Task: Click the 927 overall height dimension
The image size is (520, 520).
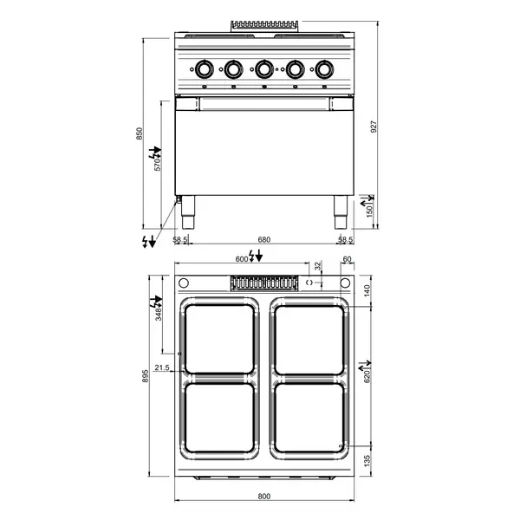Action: click(374, 127)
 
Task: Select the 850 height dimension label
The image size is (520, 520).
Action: click(140, 133)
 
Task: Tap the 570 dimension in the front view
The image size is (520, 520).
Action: click(158, 165)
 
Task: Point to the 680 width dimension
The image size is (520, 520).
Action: click(264, 239)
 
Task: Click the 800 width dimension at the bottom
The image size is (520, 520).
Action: click(264, 497)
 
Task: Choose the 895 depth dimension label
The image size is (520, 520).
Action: click(146, 376)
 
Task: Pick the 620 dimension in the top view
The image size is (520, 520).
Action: click(367, 377)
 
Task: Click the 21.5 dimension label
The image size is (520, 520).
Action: click(162, 367)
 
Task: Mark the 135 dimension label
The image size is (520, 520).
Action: click(367, 461)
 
